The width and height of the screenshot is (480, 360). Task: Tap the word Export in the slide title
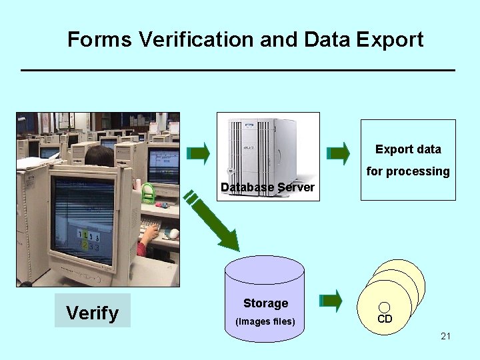click(x=389, y=39)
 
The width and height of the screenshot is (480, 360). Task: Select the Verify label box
click(x=93, y=311)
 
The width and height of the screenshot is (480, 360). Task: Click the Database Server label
click(x=267, y=187)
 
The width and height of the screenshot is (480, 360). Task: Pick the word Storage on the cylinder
click(x=265, y=303)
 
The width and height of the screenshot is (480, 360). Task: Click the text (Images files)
click(x=265, y=322)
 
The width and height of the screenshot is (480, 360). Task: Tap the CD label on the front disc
click(x=385, y=319)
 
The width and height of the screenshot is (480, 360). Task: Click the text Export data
click(x=408, y=149)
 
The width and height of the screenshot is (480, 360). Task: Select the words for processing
click(x=408, y=171)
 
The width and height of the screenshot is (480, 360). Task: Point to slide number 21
click(x=445, y=336)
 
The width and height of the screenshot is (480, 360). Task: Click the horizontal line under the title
click(x=238, y=70)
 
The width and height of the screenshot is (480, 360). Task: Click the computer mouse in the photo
click(x=173, y=233)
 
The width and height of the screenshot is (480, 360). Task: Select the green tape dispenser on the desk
click(x=148, y=193)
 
